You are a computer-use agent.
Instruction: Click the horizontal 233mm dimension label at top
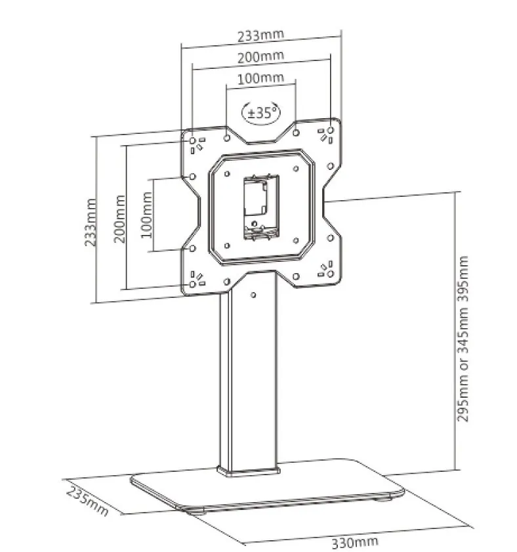coord(260,35)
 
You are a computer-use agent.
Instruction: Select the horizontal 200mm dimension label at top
coord(260,56)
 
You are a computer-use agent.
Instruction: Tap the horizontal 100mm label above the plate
coord(260,78)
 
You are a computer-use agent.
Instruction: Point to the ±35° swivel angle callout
coord(261,113)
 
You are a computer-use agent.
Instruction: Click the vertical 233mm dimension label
coord(91,223)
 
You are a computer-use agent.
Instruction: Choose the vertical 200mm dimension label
coord(119,219)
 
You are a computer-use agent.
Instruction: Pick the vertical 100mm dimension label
coord(146,215)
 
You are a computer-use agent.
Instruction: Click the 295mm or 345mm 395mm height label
coord(463,339)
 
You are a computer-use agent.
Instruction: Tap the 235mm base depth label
coord(87,501)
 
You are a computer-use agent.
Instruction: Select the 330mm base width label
coord(355,542)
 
